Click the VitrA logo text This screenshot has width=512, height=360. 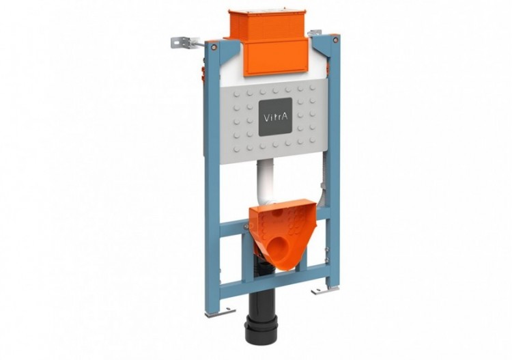[x=276, y=117]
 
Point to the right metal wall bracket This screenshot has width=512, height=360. [x=315, y=33]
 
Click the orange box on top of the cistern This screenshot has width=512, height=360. [x=256, y=26]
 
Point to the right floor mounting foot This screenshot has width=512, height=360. [x=325, y=290]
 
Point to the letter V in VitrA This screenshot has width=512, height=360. [x=266, y=117]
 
